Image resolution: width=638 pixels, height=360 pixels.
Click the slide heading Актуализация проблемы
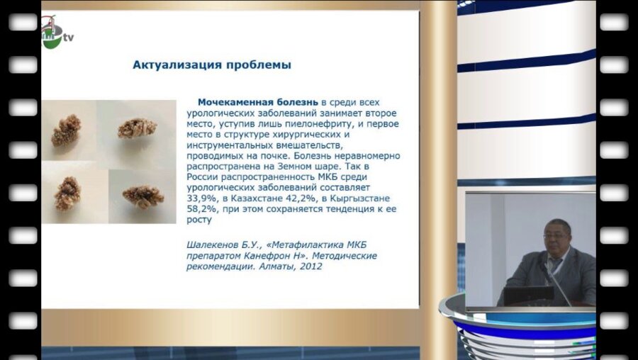pyautogui.click(x=212, y=65)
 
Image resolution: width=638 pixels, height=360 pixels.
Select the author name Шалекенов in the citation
pyautogui.click(x=213, y=245)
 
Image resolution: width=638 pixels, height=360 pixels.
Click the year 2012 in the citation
pyautogui.click(x=310, y=266)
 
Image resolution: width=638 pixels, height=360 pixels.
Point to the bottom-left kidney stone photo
pyautogui.click(x=69, y=193)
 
